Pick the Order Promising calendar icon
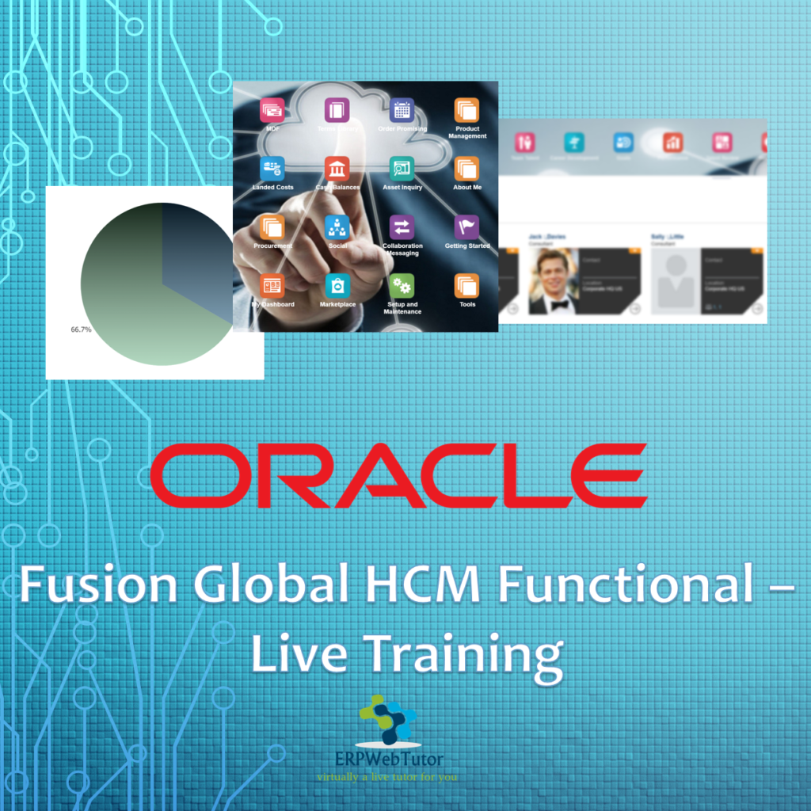(x=402, y=110)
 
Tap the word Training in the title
(x=463, y=654)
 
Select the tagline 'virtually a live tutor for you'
(x=386, y=777)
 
